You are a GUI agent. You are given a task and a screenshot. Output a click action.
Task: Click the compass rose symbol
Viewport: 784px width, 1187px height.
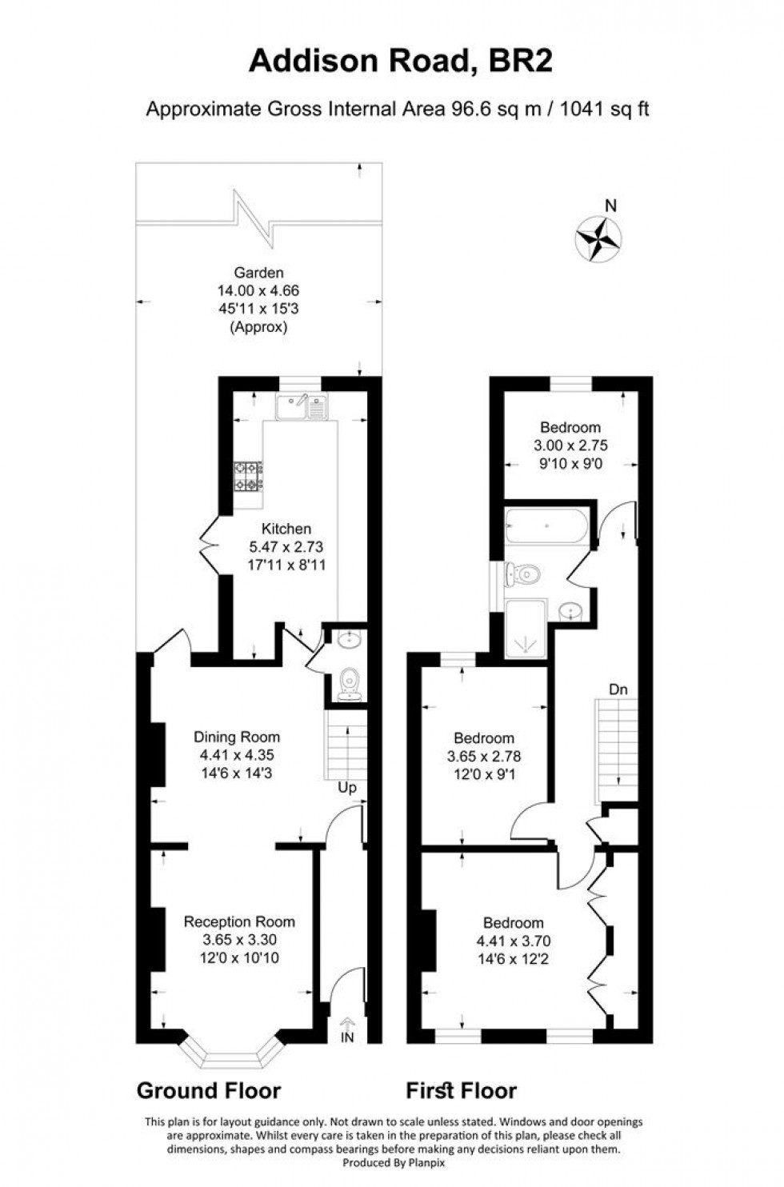[599, 238]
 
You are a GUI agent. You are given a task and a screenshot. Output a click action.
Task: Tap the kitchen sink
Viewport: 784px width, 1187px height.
[300, 408]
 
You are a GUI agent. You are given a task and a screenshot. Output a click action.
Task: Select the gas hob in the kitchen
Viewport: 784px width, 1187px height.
[248, 477]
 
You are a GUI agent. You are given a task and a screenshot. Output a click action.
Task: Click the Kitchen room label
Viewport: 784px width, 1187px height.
[286, 529]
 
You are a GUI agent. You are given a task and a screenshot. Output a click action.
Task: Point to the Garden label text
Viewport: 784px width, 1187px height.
[258, 273]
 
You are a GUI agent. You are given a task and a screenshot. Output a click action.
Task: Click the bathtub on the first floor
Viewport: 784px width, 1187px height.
[546, 526]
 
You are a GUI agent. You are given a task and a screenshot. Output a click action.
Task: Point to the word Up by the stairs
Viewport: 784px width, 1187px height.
[347, 788]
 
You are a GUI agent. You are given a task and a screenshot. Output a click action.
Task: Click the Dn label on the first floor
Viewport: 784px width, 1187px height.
[618, 689]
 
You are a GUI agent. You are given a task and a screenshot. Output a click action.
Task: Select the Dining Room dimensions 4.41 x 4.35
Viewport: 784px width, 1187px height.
[238, 755]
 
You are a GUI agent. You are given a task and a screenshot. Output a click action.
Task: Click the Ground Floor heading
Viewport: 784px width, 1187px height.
[209, 1090]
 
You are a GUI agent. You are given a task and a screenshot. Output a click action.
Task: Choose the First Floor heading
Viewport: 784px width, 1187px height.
[462, 1090]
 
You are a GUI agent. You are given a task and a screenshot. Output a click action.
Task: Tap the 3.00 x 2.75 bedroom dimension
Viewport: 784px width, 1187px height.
[570, 446]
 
